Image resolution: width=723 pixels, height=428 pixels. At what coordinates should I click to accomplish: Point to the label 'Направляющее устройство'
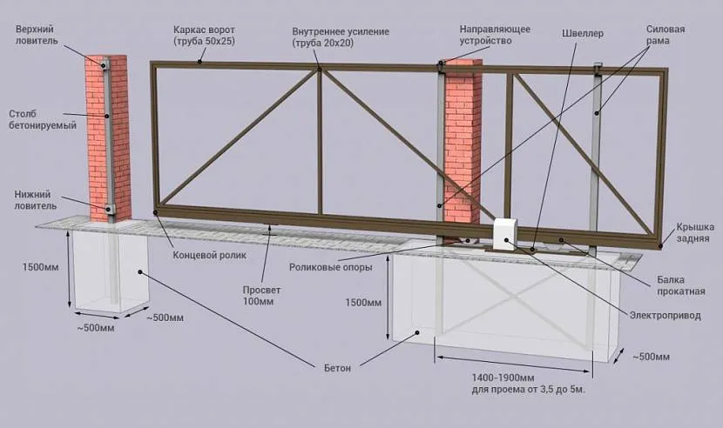[x=495, y=34]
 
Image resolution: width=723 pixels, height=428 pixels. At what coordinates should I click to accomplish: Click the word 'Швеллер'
[x=583, y=34]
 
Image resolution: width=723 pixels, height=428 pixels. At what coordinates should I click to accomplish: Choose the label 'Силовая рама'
[x=664, y=34]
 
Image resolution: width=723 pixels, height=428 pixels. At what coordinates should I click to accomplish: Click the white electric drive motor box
[x=506, y=235]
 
